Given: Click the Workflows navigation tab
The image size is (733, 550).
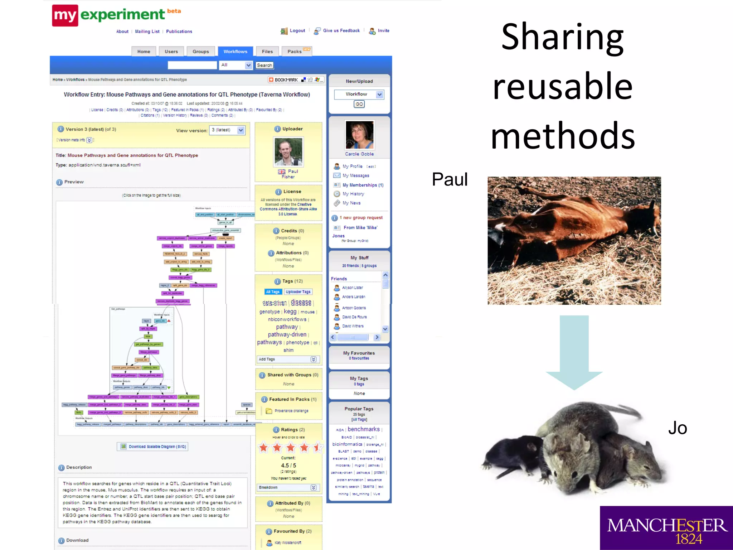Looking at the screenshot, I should click(235, 52).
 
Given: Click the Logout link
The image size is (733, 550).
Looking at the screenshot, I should click(297, 31).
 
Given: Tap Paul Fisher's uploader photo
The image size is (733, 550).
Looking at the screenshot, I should click(288, 151).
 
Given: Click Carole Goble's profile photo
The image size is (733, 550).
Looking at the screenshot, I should click(359, 135).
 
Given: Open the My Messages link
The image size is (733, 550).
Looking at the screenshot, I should click(355, 175).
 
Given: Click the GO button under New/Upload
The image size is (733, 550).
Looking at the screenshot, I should click(359, 104).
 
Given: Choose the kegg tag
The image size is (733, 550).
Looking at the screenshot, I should click(290, 312).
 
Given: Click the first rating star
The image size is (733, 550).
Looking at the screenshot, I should click(264, 447).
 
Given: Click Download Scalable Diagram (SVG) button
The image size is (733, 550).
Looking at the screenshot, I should click(152, 447).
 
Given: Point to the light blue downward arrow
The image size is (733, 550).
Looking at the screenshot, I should click(574, 351).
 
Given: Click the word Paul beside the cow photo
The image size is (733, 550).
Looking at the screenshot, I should click(450, 179).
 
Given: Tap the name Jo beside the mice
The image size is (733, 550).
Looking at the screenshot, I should click(678, 428).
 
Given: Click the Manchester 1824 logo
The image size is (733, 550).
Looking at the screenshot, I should click(666, 528).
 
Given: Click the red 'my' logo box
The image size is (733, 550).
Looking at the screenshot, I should click(65, 15).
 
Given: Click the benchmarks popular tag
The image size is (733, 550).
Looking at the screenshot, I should click(363, 429).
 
